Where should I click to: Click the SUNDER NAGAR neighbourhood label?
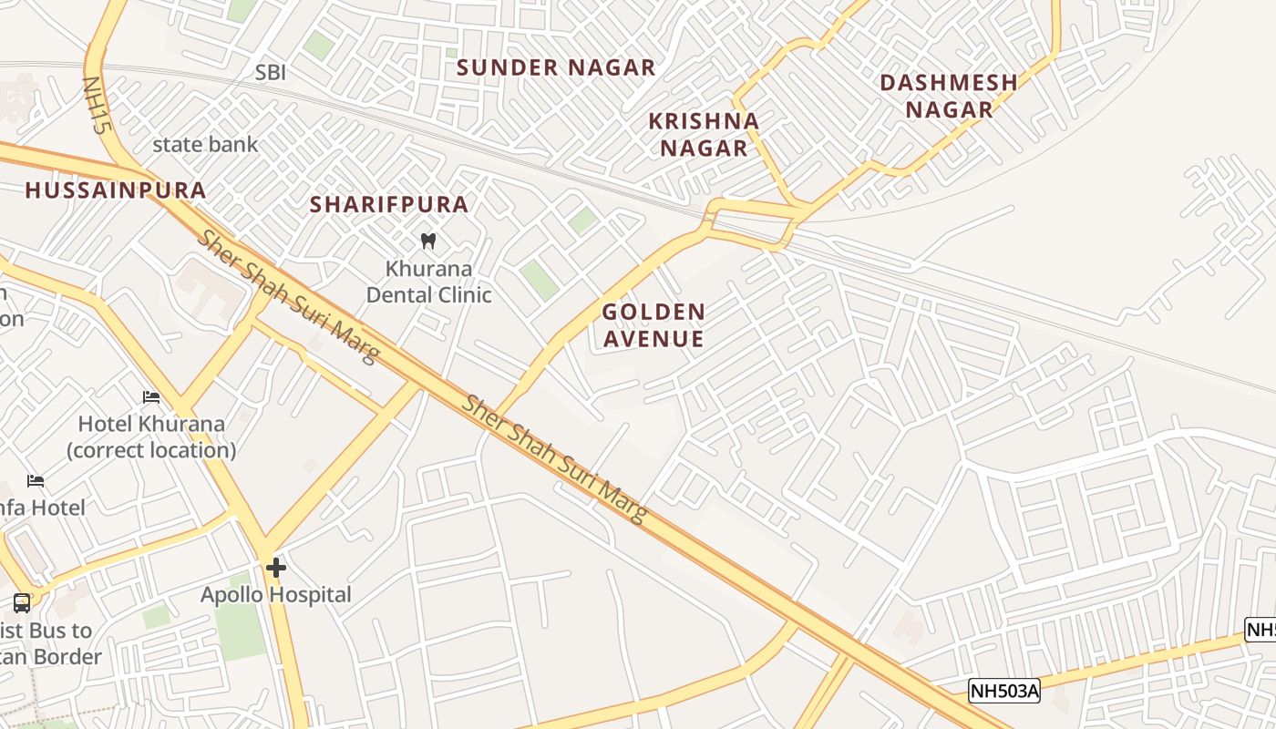[556, 67]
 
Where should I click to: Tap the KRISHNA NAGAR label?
[703, 134]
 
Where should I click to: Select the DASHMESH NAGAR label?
[948, 96]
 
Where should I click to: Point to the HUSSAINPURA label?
[116, 190]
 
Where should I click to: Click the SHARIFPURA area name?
[389, 204]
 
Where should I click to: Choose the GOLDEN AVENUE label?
[653, 325]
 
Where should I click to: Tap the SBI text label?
[270, 73]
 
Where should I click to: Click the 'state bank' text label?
[205, 144]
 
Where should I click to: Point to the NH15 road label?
[96, 105]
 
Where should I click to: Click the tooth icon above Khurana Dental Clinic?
[427, 241]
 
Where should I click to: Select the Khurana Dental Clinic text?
[428, 282]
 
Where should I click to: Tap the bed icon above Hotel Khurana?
[151, 397]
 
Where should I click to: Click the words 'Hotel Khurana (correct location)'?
[151, 436]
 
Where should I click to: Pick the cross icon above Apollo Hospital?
[276, 569]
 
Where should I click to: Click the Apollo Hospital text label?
[276, 595]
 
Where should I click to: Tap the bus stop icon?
[21, 602]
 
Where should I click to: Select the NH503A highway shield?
[1004, 691]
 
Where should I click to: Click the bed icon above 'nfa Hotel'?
[36, 481]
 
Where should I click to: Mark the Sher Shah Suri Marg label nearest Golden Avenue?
[554, 459]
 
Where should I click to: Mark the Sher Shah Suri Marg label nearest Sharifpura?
[288, 296]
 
